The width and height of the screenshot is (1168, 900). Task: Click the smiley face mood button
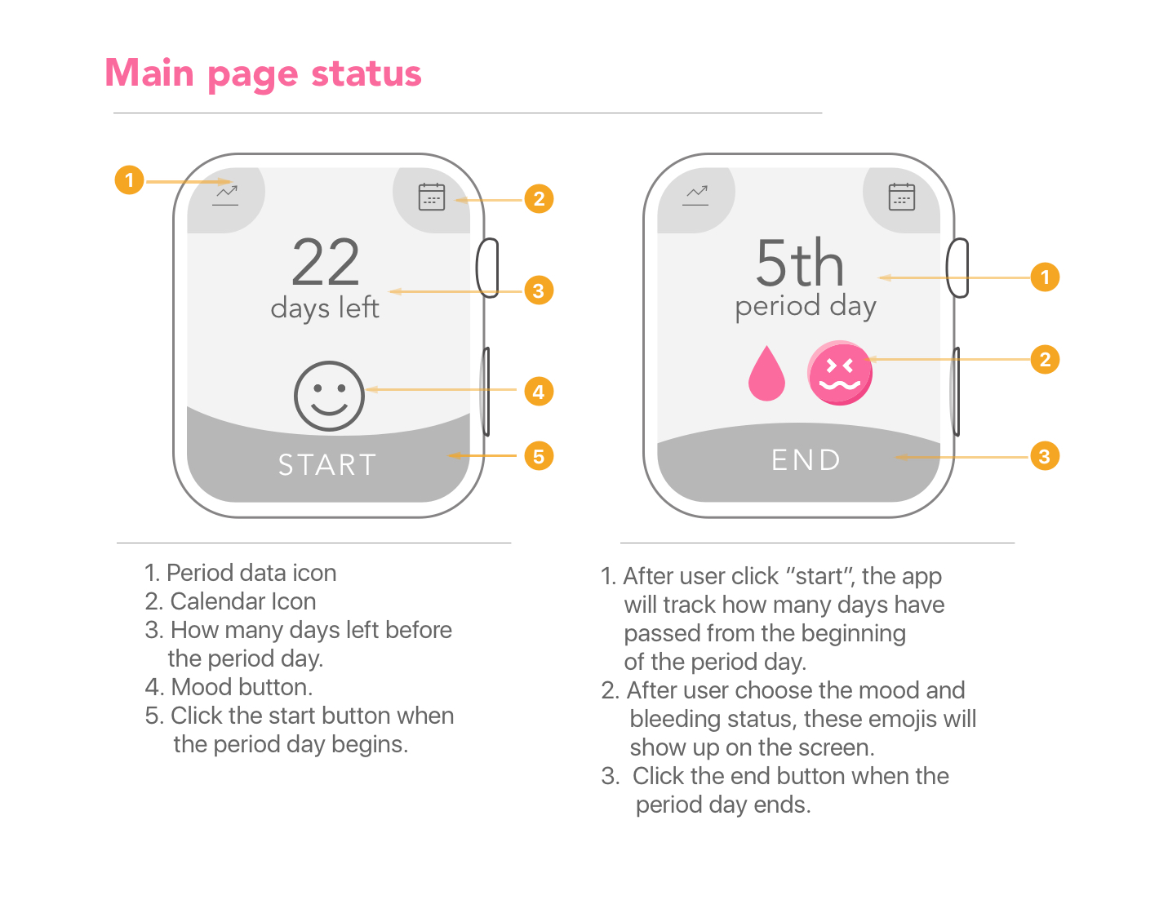329,396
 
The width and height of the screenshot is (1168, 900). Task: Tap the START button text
327,465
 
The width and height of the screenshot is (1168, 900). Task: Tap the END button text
805,460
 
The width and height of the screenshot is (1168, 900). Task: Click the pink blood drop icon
766,373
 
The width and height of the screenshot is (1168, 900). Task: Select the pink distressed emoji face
840,373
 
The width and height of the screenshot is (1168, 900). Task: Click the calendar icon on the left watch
432,197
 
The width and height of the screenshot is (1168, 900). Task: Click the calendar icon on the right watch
901,197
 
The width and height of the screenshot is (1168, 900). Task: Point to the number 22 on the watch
326,262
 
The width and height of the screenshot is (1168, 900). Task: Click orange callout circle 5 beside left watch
539,456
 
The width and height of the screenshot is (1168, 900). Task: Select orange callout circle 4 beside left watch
539,392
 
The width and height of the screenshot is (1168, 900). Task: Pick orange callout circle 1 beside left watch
129,180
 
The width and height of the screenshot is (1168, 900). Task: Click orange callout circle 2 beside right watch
1045,359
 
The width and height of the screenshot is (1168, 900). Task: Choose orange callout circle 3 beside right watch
1045,456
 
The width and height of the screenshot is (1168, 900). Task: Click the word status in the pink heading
366,73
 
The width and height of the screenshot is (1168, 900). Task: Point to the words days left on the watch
325,308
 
